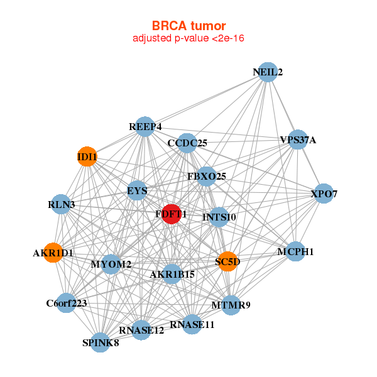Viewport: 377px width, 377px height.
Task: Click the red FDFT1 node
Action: (172, 214)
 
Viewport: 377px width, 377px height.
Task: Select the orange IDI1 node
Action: (87, 156)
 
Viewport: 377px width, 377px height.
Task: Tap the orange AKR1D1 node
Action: (53, 253)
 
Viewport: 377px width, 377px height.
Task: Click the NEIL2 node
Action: (268, 72)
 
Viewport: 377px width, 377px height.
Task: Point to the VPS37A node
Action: (297, 139)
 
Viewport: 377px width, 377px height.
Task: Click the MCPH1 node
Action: (295, 252)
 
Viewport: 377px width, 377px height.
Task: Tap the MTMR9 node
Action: (231, 305)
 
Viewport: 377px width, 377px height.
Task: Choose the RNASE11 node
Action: (193, 325)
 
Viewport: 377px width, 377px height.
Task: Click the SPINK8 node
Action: (101, 342)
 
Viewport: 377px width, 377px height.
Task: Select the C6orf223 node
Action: (66, 303)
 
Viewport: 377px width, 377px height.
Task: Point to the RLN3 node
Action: (61, 204)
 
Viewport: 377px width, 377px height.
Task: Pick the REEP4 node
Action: (145, 127)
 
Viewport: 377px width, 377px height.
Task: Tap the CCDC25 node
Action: (187, 143)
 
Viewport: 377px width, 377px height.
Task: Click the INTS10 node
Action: (219, 217)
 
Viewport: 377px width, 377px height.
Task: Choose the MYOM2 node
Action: (111, 264)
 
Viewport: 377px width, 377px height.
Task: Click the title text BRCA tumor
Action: (188, 26)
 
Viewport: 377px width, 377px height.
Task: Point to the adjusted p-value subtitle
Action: (188, 38)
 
